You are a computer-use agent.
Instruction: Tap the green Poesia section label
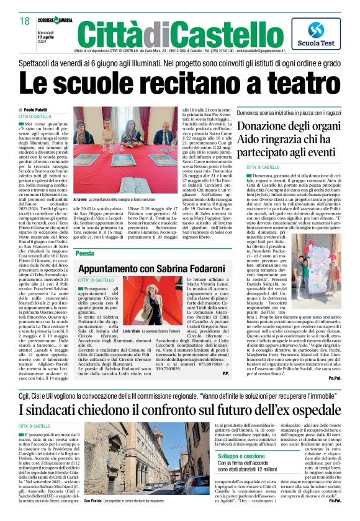coord(85,254)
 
